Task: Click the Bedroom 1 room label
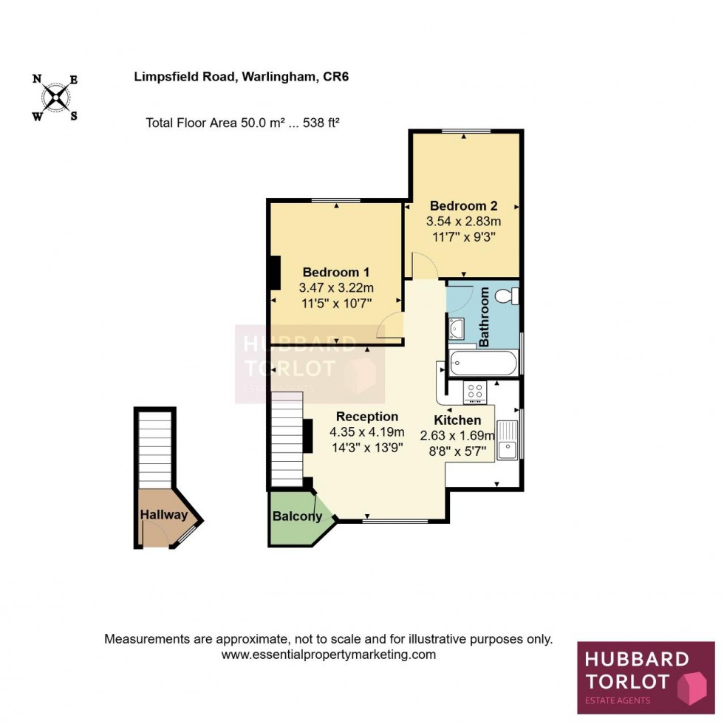(x=335, y=272)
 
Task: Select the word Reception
(x=367, y=417)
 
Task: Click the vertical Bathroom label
(x=485, y=318)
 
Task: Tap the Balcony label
(x=297, y=516)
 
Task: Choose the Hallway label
(x=164, y=515)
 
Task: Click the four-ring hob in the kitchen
(x=474, y=391)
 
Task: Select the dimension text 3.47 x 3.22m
(x=336, y=287)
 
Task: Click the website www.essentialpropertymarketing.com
(x=329, y=655)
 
